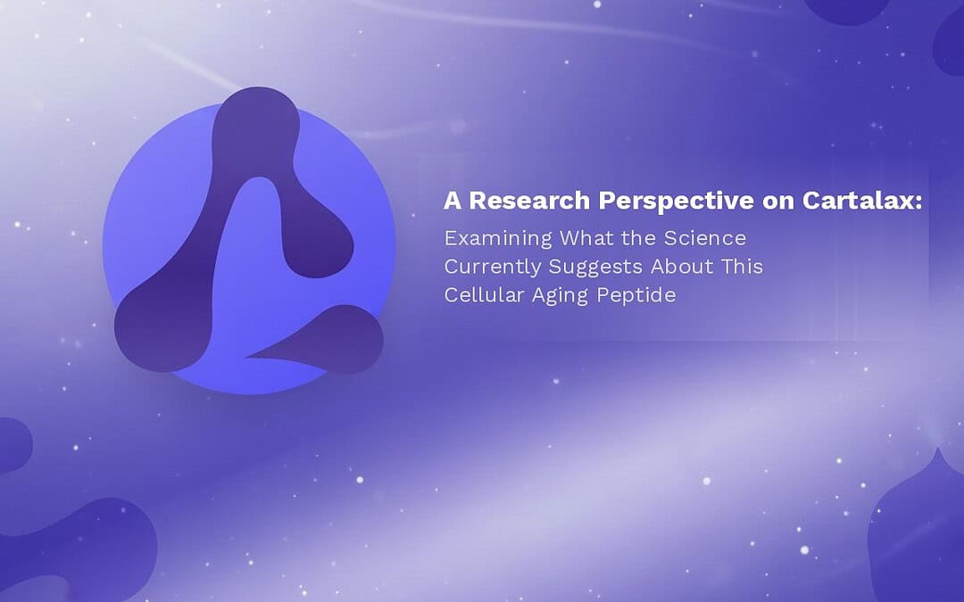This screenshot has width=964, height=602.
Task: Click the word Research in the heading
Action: (529, 201)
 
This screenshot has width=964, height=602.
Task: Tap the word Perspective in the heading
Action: (677, 202)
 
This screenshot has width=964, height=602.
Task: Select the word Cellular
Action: (484, 295)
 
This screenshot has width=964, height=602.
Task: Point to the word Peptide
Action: (636, 295)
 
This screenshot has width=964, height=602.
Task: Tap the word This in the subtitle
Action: (743, 266)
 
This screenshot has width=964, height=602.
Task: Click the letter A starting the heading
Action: (453, 201)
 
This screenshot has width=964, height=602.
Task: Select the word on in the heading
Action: (777, 202)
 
